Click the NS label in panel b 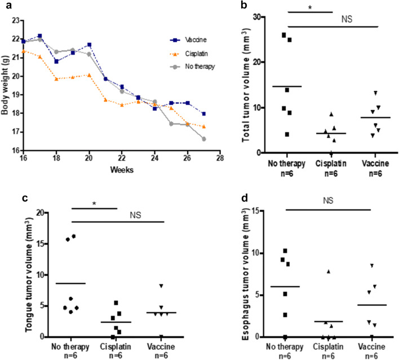[347, 19]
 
